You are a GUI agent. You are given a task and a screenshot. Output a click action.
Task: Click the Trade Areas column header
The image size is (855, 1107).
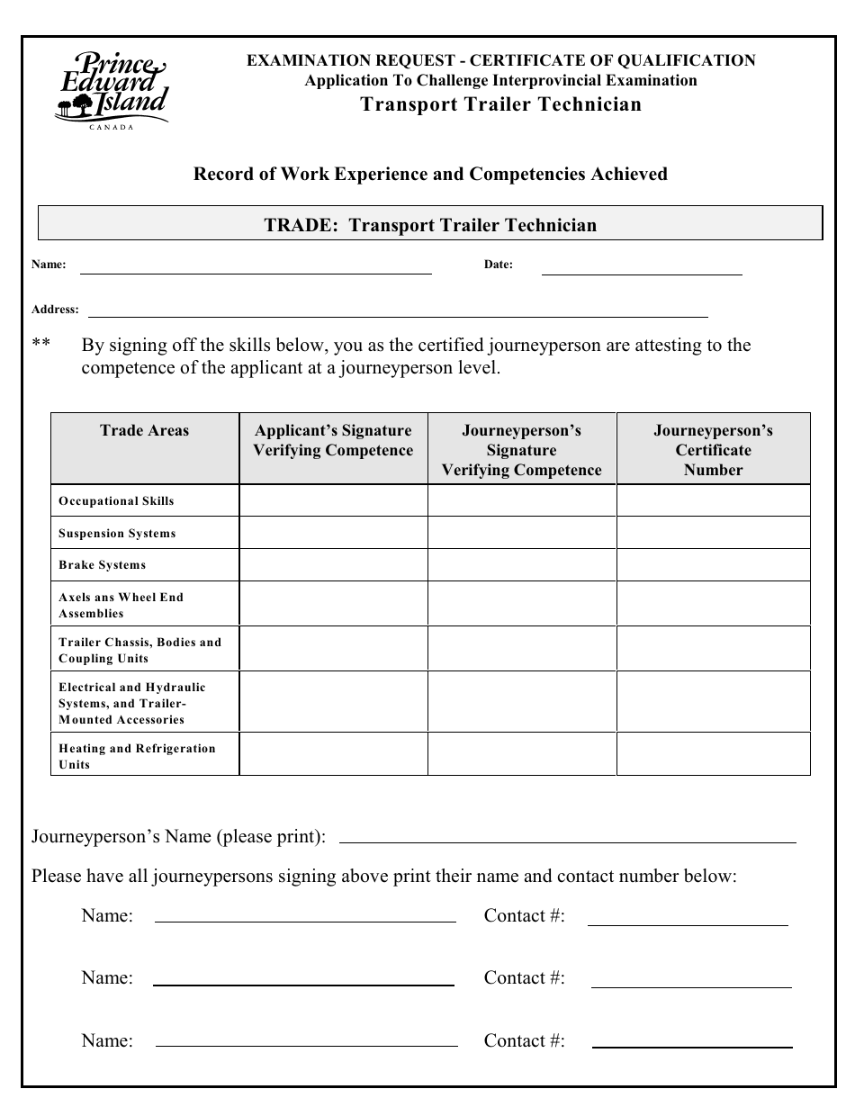click(145, 430)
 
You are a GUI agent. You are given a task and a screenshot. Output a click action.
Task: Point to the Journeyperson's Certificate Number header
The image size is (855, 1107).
click(713, 449)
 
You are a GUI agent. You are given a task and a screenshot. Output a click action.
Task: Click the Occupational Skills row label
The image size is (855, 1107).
click(116, 501)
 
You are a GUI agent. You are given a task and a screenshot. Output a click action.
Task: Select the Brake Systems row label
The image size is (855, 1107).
click(102, 565)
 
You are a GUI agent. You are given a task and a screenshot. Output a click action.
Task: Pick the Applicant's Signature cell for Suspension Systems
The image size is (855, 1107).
click(333, 533)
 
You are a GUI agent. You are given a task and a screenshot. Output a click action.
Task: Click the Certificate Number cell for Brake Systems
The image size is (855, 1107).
click(713, 565)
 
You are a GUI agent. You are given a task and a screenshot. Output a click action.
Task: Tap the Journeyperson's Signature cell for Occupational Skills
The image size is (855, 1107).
click(521, 500)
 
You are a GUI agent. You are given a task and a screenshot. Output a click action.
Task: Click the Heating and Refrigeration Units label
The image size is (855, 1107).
click(137, 756)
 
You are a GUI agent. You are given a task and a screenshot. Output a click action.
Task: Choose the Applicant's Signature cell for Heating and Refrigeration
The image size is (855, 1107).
click(333, 754)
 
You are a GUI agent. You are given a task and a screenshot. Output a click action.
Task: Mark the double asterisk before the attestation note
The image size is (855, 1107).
click(40, 346)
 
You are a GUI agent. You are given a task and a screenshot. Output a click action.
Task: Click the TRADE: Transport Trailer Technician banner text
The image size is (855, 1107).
click(430, 225)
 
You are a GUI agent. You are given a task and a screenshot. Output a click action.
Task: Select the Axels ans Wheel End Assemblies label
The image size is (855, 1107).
click(121, 605)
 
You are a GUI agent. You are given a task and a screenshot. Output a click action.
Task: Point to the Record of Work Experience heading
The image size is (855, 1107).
click(430, 174)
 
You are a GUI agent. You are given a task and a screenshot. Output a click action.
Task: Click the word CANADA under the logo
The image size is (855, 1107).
click(112, 128)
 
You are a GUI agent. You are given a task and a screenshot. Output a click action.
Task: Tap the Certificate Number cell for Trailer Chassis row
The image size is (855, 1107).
click(713, 648)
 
